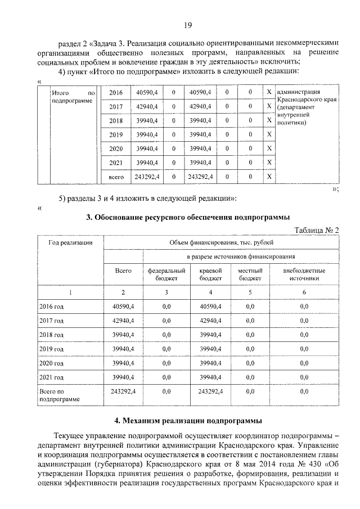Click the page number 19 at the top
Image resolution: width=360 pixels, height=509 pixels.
(188, 24)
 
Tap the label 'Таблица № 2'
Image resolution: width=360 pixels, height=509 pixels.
(317, 229)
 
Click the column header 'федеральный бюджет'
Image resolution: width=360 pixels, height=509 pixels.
(166, 274)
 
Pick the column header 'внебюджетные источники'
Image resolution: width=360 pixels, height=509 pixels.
(304, 274)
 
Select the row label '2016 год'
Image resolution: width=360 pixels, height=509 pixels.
(52, 306)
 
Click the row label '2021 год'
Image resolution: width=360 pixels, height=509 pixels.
(52, 377)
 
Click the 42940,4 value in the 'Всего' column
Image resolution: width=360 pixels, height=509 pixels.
(123, 321)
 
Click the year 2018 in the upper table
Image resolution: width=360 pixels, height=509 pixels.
(115, 121)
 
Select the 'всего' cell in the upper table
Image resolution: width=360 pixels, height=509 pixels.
(115, 177)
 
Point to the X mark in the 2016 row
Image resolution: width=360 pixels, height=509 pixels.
(269, 92)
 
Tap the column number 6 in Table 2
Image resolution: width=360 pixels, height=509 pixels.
(304, 292)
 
